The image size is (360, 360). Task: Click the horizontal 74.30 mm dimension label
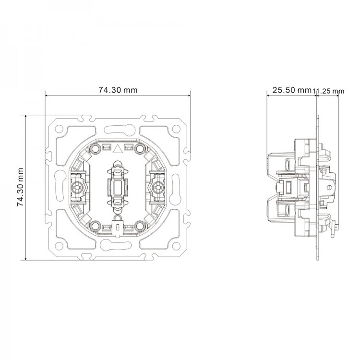coord(118,89)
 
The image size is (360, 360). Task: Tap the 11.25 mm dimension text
coord(329,90)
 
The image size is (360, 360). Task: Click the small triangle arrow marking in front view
coord(118,148)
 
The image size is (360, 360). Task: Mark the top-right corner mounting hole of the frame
coord(177,129)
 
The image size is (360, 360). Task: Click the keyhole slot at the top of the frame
coord(118,128)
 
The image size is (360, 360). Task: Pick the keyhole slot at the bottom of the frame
coord(118,246)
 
